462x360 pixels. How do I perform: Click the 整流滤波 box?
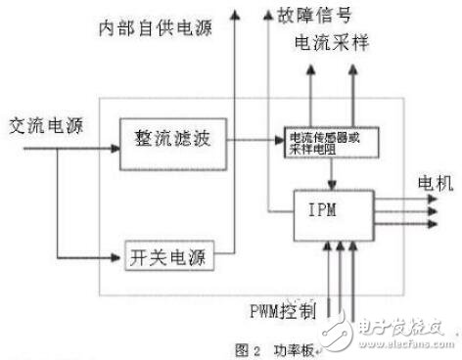click(165, 134)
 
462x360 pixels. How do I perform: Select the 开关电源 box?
click(168, 259)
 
